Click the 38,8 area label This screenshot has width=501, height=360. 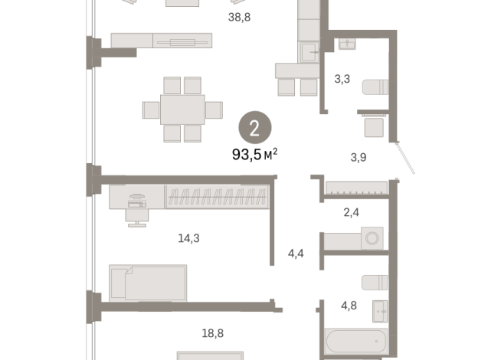click(x=239, y=18)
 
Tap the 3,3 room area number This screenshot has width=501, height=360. click(x=342, y=79)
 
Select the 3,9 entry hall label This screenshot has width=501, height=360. click(x=359, y=157)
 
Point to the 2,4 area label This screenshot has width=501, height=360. click(x=351, y=212)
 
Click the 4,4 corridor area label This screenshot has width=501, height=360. click(x=296, y=254)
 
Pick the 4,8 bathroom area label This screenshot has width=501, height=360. click(x=349, y=306)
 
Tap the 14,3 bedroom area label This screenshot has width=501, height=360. click(x=189, y=238)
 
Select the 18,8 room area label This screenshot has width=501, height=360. click(x=213, y=333)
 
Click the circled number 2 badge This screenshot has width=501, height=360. click(x=255, y=128)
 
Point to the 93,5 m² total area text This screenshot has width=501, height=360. click(x=254, y=155)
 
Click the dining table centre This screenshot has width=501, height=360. click(x=182, y=110)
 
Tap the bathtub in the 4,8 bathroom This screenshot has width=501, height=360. click(x=356, y=341)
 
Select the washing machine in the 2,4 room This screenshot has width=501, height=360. click(x=372, y=238)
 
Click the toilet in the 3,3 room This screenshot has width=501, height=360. click(x=375, y=87)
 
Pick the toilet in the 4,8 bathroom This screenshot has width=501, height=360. click(x=375, y=283)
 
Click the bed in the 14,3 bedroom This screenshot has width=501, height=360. click(x=148, y=283)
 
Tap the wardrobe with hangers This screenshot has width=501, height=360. click(x=218, y=197)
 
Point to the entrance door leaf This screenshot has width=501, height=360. click(x=405, y=158)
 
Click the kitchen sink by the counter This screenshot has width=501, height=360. click(x=309, y=52)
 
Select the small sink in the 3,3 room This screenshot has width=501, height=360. click(x=347, y=44)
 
